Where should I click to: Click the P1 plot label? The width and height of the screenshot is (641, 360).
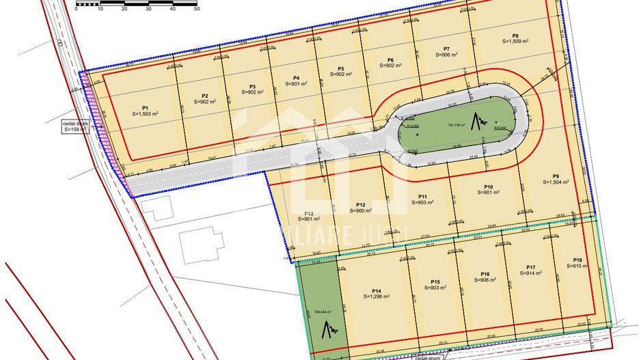click(x=146, y=107)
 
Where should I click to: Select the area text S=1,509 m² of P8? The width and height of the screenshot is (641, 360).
click(x=515, y=42)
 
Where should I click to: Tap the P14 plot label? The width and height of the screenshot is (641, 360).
click(x=377, y=290)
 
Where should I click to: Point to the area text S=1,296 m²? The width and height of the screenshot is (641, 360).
click(x=377, y=296)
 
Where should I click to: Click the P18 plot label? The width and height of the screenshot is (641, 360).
click(x=578, y=260)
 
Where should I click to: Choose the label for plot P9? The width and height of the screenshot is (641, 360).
click(x=556, y=176)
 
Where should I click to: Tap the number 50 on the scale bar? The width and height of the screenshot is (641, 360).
click(x=196, y=9)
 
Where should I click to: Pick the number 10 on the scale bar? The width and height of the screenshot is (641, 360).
click(x=100, y=9)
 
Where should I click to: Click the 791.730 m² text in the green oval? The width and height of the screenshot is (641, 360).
click(x=456, y=125)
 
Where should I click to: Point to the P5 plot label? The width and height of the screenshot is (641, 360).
click(x=341, y=68)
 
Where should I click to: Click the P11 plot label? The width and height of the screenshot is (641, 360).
click(x=423, y=197)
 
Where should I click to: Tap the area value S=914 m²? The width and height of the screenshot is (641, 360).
click(x=531, y=273)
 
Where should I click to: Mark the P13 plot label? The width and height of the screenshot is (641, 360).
click(x=309, y=213)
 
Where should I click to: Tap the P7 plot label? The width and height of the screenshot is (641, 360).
click(x=446, y=49)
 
